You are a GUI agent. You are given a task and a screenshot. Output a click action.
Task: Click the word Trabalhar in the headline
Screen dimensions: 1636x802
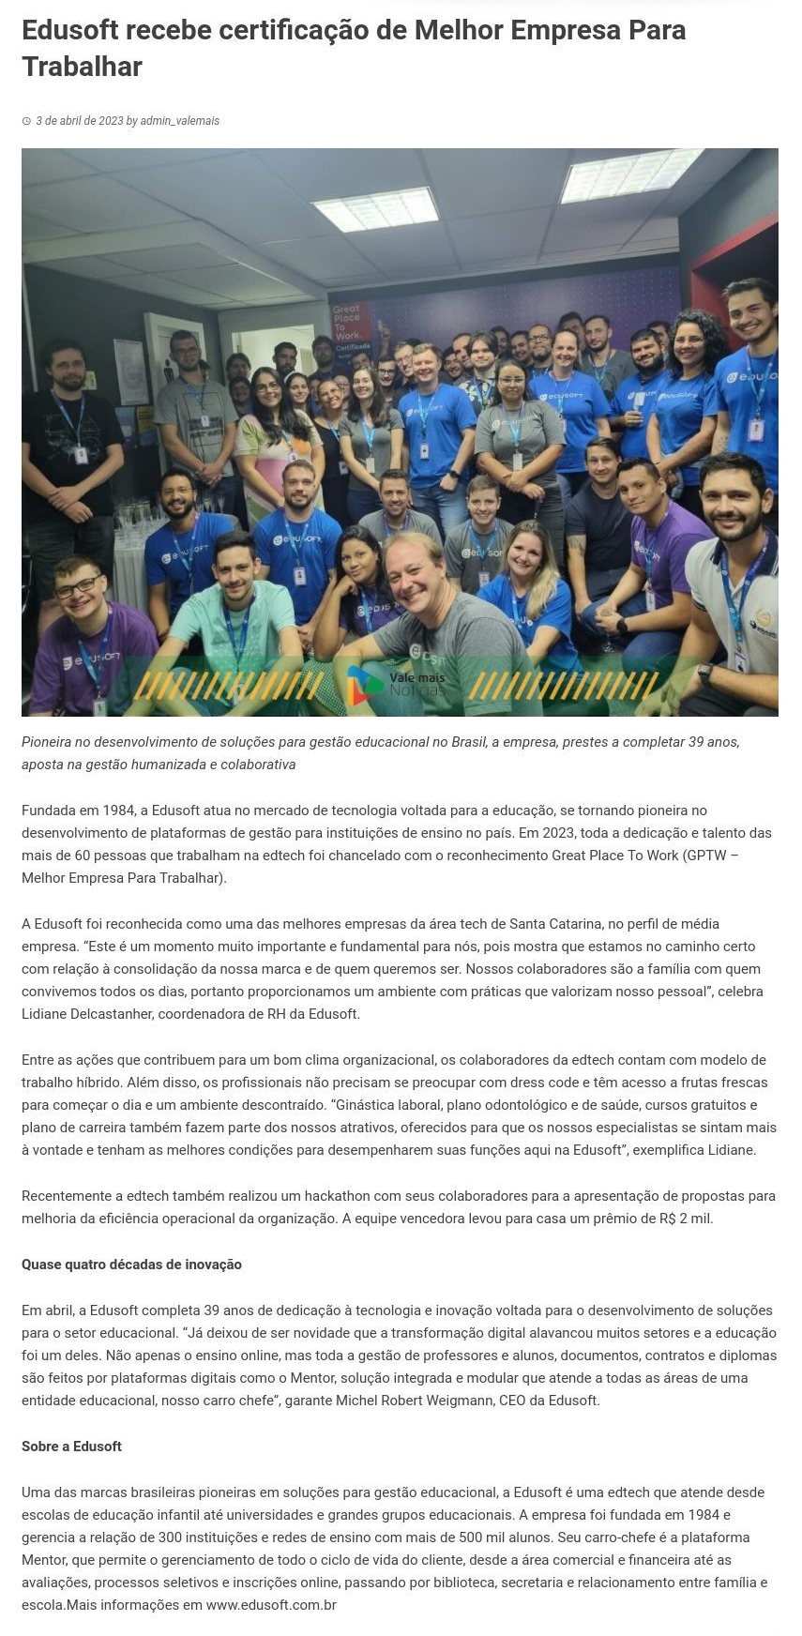82,68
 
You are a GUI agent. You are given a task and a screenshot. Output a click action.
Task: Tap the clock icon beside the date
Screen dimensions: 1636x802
26,121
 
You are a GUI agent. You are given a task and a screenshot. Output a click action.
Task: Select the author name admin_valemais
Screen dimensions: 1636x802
179,121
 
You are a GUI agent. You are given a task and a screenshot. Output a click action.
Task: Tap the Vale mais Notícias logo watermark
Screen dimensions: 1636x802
396,685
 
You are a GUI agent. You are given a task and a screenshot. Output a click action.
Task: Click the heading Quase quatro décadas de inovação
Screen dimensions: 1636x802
131,1265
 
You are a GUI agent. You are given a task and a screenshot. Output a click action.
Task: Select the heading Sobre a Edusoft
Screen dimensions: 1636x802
71,1447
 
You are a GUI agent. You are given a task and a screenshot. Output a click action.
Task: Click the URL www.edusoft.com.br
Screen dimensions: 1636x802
271,1605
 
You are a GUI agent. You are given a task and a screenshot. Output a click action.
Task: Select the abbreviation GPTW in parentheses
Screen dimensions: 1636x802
704,856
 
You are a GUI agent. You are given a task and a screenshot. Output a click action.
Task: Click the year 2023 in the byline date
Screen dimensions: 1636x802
110,121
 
